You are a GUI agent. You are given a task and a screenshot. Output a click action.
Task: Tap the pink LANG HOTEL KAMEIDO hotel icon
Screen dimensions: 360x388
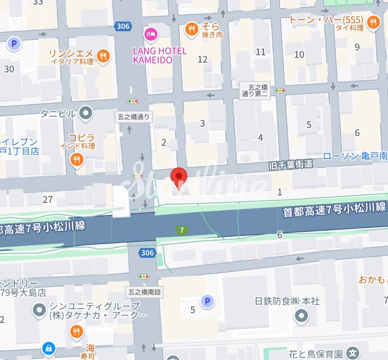tap(151, 33)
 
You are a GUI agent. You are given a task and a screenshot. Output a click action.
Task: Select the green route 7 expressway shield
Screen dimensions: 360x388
tap(182, 230)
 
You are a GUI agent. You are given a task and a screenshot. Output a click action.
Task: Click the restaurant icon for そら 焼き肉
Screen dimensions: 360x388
tap(191, 29)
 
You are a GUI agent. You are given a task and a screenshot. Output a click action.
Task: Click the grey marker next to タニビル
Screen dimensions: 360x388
tap(86, 113)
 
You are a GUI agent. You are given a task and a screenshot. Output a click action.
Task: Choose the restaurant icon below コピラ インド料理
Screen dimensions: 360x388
tap(77, 160)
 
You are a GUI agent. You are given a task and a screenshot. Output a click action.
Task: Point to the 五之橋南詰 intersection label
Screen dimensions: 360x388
tap(145, 292)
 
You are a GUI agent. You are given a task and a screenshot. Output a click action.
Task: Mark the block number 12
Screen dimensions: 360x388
tap(202, 59)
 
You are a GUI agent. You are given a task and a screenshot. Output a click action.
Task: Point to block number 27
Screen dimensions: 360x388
tap(48, 199)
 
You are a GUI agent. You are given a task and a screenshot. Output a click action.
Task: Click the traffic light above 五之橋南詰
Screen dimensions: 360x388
tap(144, 276)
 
